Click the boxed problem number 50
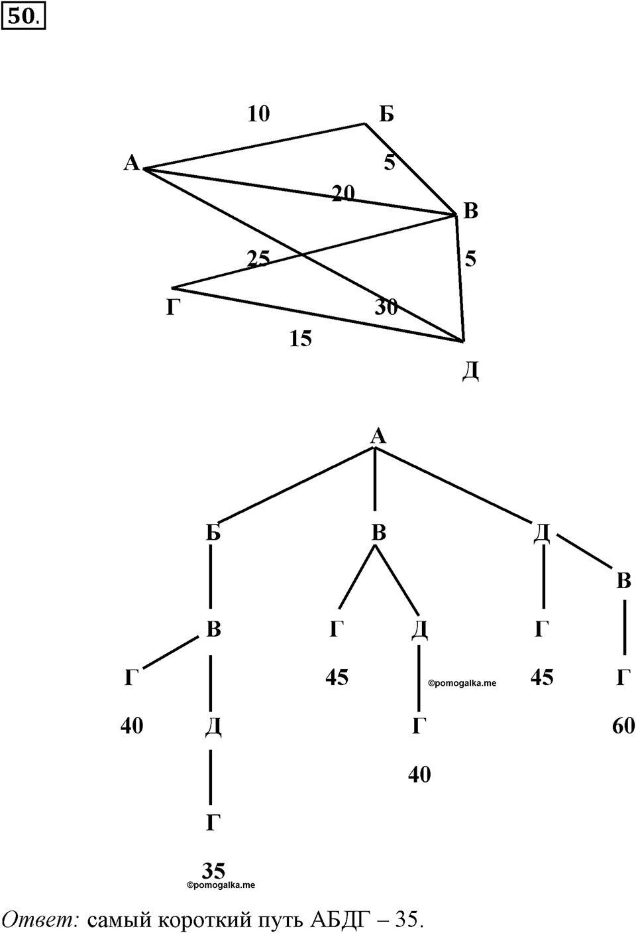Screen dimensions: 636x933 [x=23, y=17]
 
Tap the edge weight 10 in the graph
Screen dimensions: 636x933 [x=258, y=113]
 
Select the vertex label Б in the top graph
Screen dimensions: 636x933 [x=386, y=113]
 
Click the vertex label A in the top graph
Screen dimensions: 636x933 [x=132, y=163]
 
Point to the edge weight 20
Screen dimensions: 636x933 [x=343, y=193]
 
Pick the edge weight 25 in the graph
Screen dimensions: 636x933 [x=258, y=259]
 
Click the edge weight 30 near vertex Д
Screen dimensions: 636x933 [x=386, y=308]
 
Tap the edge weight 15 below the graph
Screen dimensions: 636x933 [x=301, y=339]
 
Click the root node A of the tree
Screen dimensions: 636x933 [x=378, y=436]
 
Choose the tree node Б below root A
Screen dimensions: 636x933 [x=213, y=532]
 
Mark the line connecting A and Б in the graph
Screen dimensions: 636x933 [x=254, y=146]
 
